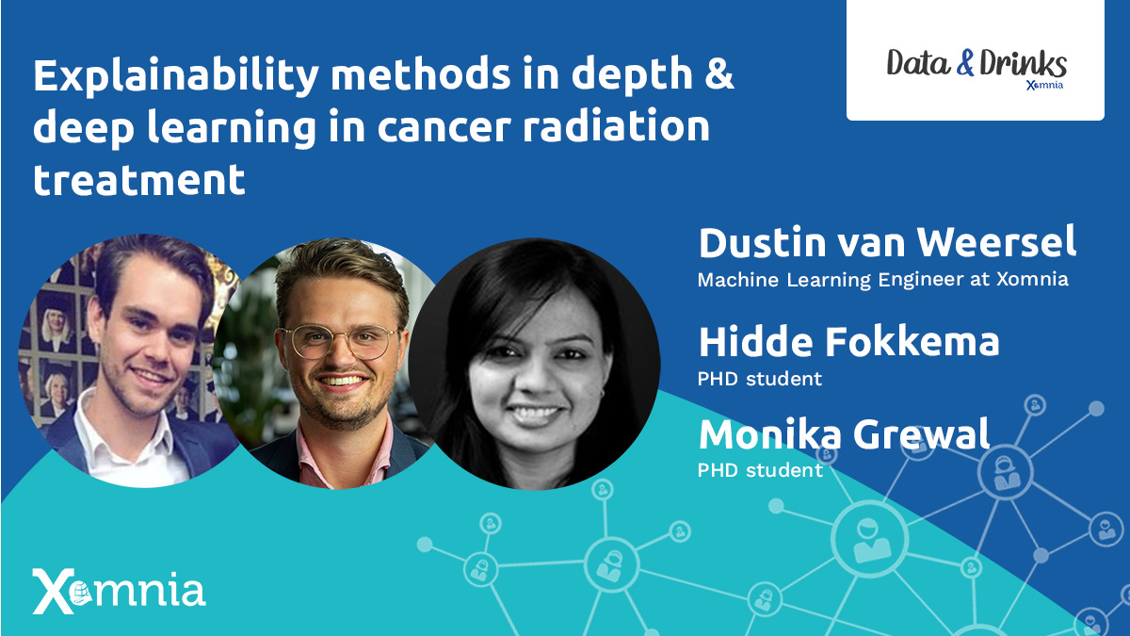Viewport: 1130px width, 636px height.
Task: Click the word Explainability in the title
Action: pyautogui.click(x=176, y=76)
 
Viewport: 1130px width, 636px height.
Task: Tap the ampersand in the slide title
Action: pyautogui.click(x=718, y=74)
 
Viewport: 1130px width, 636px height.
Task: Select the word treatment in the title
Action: pyautogui.click(x=138, y=179)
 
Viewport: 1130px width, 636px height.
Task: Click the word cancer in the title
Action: pyautogui.click(x=444, y=127)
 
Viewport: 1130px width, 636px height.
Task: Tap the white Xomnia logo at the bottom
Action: pyautogui.click(x=119, y=591)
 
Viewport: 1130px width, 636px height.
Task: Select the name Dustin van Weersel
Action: pyautogui.click(x=887, y=242)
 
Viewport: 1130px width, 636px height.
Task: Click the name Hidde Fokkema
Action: pyautogui.click(x=848, y=342)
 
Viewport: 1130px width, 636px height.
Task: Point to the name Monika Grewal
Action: pyautogui.click(x=844, y=434)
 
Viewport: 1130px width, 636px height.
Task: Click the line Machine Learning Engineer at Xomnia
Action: pyautogui.click(x=883, y=280)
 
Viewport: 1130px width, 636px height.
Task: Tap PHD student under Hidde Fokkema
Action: pyautogui.click(x=760, y=379)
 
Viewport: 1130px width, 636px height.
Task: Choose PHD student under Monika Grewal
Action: pyautogui.click(x=760, y=470)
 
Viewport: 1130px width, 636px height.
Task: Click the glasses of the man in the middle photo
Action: pyautogui.click(x=339, y=342)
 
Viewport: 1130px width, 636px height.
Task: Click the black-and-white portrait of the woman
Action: pyautogui.click(x=534, y=364)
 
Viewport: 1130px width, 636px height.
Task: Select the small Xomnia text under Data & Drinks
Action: pyautogui.click(x=1044, y=85)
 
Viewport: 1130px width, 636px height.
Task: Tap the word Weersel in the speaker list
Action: pyautogui.click(x=996, y=242)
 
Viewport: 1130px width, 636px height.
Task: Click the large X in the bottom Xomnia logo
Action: pyautogui.click(x=54, y=592)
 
